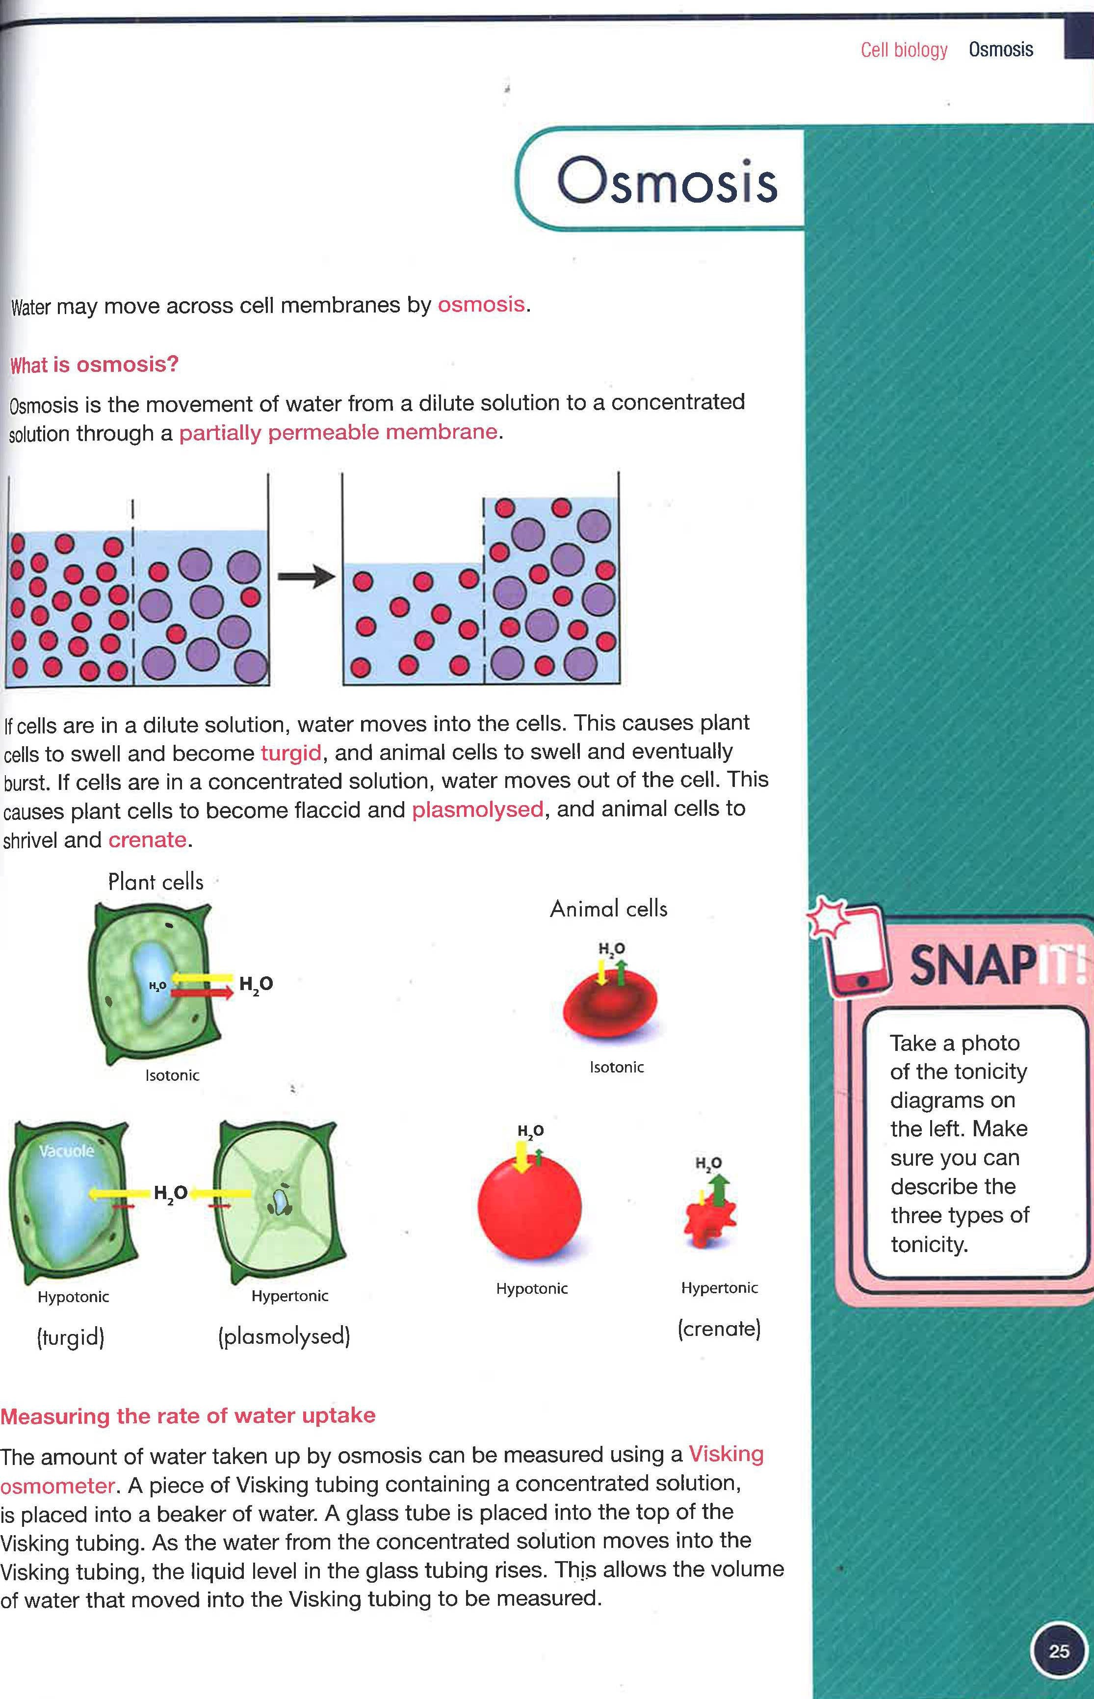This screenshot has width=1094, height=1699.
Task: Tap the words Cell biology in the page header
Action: click(x=904, y=50)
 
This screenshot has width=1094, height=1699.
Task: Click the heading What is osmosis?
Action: click(x=94, y=365)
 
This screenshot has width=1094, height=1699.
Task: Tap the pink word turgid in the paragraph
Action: click(x=290, y=753)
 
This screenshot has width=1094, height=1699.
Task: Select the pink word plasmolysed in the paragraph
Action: click(x=477, y=810)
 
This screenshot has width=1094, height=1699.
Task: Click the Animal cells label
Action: click(x=609, y=909)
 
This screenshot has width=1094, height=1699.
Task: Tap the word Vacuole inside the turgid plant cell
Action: click(x=66, y=1150)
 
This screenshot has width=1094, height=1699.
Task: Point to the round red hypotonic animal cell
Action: click(x=529, y=1207)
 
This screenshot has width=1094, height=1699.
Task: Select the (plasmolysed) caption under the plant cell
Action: click(x=284, y=1337)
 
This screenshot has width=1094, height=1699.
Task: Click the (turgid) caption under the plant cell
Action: click(x=70, y=1338)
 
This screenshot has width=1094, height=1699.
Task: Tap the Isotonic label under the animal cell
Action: click(x=617, y=1067)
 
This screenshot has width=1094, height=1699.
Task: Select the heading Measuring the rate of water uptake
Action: click(x=187, y=1415)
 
